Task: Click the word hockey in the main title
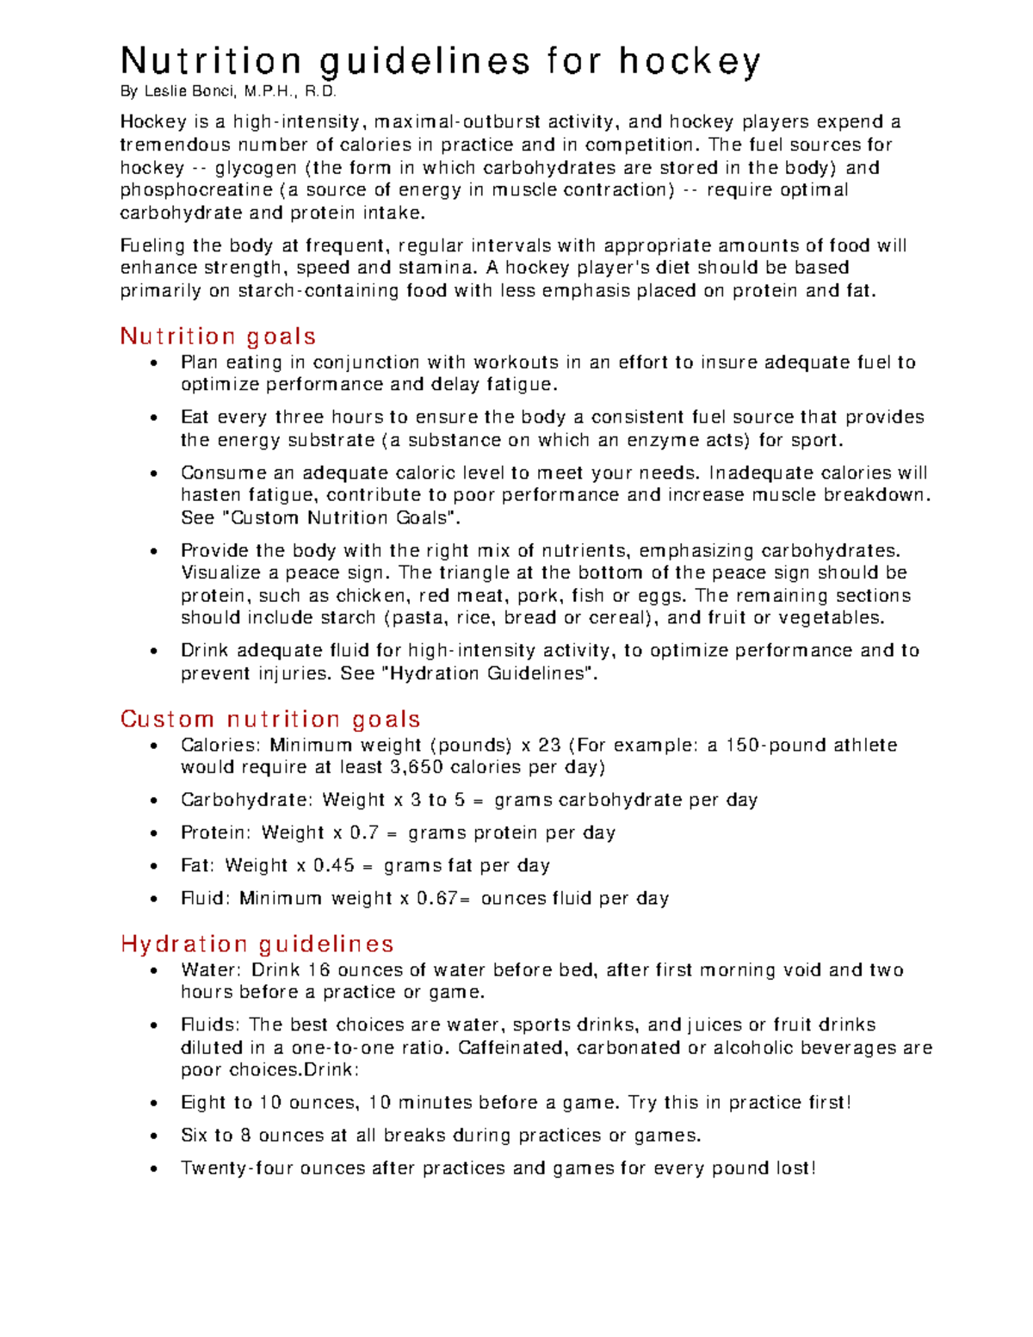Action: click(689, 62)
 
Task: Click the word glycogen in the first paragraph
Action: click(256, 168)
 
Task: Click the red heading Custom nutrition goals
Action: click(270, 719)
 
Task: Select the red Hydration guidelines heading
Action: click(257, 944)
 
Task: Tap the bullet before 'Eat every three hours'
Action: click(154, 419)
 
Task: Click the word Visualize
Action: click(220, 573)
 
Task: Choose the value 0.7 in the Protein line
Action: click(364, 833)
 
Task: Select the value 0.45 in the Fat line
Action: click(333, 865)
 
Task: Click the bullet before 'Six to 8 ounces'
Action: click(154, 1136)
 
